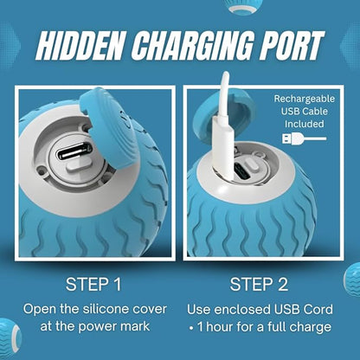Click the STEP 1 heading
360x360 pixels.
coord(93,285)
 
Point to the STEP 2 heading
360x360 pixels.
coord(259,285)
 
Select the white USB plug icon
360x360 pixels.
coord(304,138)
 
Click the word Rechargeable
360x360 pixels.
coord(305,99)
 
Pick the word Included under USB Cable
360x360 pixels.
coord(304,124)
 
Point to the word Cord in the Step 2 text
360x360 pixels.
coord(318,309)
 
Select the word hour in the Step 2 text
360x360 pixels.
coord(220,327)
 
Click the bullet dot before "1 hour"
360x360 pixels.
coord(191,328)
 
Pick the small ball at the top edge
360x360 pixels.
coord(241,6)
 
